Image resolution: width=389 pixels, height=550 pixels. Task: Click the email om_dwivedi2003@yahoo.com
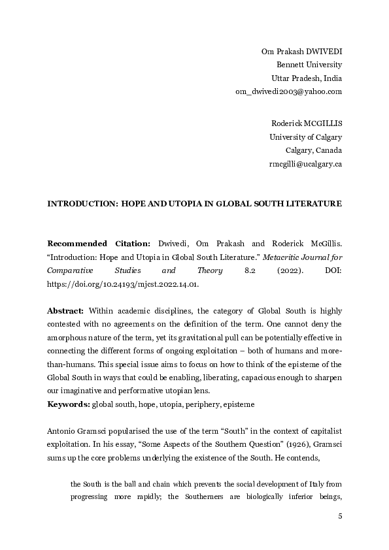pyautogui.click(x=288, y=91)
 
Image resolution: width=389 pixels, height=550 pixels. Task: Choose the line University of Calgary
pyautogui.click(x=306, y=137)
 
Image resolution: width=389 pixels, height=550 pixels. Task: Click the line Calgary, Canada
pyautogui.click(x=314, y=150)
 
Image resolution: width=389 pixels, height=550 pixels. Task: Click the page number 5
pyautogui.click(x=340, y=517)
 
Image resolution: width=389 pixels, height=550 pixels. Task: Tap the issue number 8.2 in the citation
pyautogui.click(x=239, y=270)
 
